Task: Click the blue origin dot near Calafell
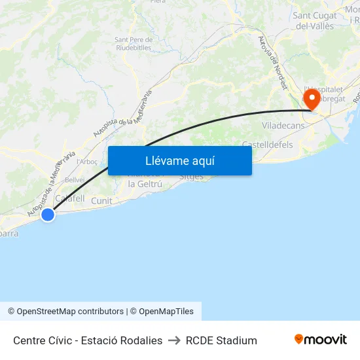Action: [47, 214]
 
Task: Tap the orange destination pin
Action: [311, 99]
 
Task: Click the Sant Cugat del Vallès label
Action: [315, 21]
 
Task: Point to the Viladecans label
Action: [283, 124]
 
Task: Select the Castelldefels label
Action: [267, 144]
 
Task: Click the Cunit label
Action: [101, 201]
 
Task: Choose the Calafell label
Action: [70, 198]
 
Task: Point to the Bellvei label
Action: [75, 179]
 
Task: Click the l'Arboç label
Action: [87, 162]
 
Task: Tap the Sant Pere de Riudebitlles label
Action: [134, 44]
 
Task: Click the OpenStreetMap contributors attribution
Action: [65, 312]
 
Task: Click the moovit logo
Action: [320, 340]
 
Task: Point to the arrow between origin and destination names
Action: [174, 340]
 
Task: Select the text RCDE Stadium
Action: [221, 340]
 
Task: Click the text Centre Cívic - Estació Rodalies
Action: [88, 340]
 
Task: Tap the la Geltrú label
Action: [145, 184]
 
